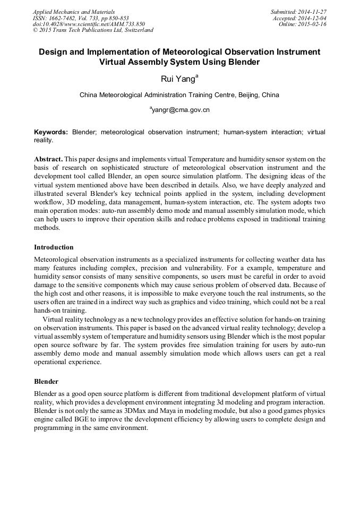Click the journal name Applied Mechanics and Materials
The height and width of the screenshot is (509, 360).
[x=74, y=12]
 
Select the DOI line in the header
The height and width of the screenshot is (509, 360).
[x=89, y=24]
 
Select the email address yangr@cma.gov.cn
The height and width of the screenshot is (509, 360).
[x=181, y=110]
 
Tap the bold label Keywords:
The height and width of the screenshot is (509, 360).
[x=51, y=132]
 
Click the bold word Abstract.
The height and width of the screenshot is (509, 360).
[x=49, y=159]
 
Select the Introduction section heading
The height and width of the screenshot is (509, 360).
[x=54, y=247]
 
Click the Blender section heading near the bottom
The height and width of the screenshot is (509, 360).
[x=46, y=382]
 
